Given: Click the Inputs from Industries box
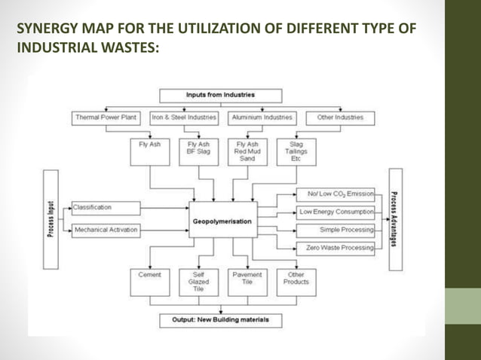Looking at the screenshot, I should (x=220, y=96).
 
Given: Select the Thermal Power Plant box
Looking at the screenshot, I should (x=105, y=117).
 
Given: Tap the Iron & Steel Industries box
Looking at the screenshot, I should (x=184, y=117).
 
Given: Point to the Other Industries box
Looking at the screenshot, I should (x=340, y=117).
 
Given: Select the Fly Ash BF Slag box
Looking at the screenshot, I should (x=198, y=150).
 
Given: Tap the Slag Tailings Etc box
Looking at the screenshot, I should (x=296, y=150).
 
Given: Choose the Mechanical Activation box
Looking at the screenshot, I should (x=106, y=230).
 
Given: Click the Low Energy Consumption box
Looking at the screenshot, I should (x=336, y=212).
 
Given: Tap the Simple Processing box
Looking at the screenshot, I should (x=336, y=229).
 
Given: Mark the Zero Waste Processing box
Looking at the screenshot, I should (x=336, y=247).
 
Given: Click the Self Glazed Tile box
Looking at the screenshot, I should (x=198, y=281).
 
